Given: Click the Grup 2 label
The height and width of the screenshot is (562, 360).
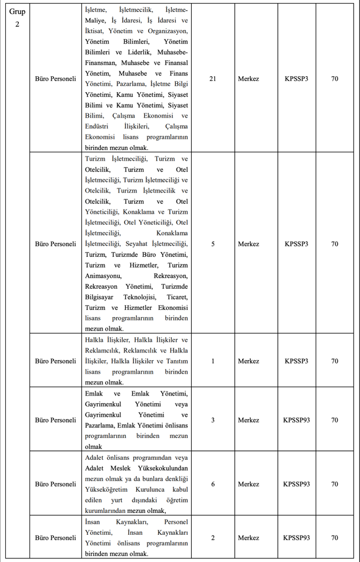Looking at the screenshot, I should coord(17,17).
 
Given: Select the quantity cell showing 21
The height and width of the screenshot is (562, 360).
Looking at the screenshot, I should coord(212,79).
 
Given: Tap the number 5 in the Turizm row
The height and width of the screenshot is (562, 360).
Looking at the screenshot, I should coord(212,244).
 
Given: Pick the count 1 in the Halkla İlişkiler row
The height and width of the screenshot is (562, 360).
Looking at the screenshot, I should coord(212,361).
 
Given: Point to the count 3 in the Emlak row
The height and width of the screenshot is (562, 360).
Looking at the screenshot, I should coord(212,420).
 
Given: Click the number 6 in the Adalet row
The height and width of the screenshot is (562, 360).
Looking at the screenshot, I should coord(212,484).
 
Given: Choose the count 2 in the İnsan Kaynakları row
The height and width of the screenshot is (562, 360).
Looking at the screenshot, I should coord(212,538).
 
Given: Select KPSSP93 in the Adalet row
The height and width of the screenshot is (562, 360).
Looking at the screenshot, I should coord(296,484).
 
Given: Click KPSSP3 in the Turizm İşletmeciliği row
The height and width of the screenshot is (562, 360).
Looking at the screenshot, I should coord(296,244).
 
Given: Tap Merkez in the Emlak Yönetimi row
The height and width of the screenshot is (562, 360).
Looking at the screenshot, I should coord(248,420).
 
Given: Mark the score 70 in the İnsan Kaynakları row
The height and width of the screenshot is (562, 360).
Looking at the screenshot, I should coord(335,538).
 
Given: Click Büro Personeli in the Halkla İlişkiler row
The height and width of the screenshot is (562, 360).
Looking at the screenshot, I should coord(55,361).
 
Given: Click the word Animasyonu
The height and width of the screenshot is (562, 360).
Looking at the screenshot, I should coord(103,276).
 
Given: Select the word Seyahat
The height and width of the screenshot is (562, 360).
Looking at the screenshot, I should coord(137,244).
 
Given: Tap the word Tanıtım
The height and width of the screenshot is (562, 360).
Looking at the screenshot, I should coord(176,361).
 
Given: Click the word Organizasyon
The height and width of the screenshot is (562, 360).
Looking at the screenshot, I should coord(167,31).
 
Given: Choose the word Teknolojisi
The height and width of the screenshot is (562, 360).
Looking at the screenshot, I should coord(142,297).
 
